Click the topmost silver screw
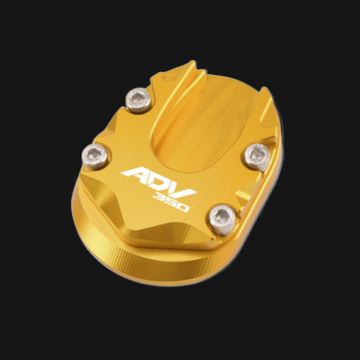tap(138, 100)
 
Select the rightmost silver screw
tap(257, 156)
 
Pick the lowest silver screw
tap(222, 219)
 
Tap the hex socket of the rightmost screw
tap(257, 153)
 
